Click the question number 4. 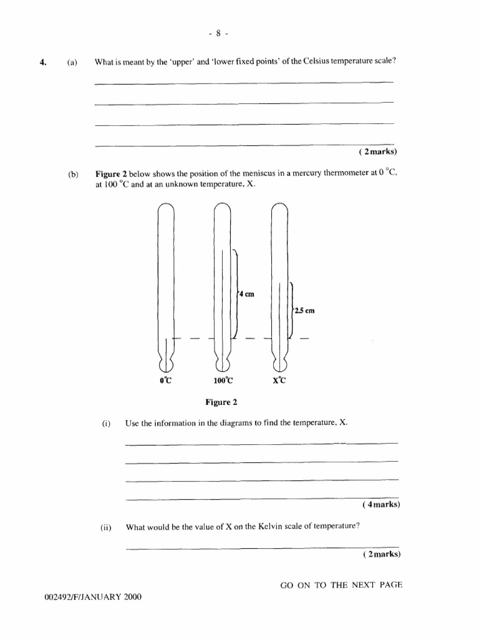pos(43,62)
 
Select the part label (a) pos(72,62)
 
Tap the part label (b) pos(72,175)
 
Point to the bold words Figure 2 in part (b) pos(111,175)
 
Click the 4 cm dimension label pos(246,294)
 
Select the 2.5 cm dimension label pos(305,311)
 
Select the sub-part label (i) pos(106,423)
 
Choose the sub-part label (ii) pos(106,527)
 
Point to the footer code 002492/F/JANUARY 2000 pos(93,597)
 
